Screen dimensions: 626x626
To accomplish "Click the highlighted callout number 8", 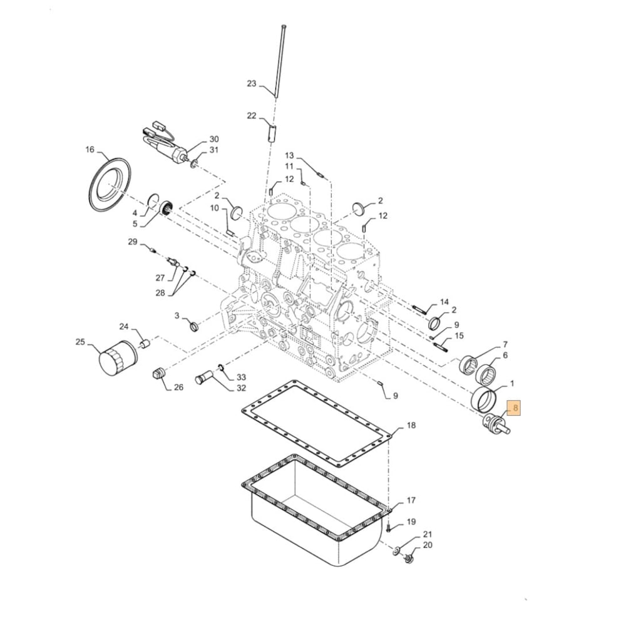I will point(515,409).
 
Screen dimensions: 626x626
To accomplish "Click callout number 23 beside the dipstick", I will point(252,83).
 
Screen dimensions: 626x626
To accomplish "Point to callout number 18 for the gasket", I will point(411,426).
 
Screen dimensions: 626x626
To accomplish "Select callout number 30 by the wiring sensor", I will point(214,139).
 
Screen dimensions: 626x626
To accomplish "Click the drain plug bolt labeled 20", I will point(409,557).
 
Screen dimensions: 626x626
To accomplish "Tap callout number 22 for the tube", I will point(252,116).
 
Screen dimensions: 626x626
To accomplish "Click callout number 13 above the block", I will point(289,155).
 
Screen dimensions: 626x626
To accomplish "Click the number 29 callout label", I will point(132,242).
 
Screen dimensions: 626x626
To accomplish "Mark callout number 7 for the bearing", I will point(505,346).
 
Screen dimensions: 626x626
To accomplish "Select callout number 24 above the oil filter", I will point(124,327).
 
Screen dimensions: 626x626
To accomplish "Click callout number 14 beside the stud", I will point(444,302).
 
